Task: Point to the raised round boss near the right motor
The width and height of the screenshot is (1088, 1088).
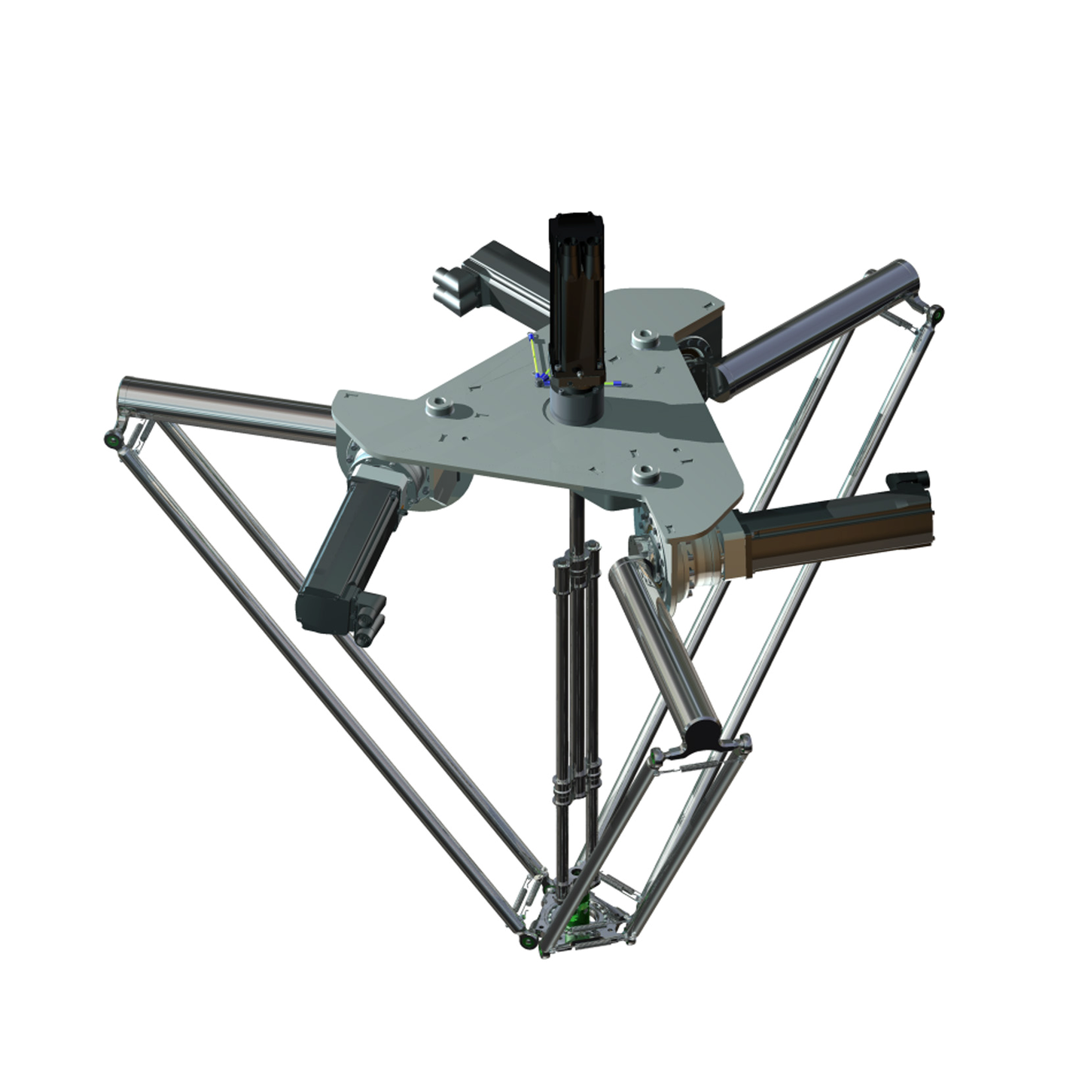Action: (645, 473)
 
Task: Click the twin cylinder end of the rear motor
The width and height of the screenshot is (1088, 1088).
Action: (450, 286)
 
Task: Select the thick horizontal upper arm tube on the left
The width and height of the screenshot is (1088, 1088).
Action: (226, 407)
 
